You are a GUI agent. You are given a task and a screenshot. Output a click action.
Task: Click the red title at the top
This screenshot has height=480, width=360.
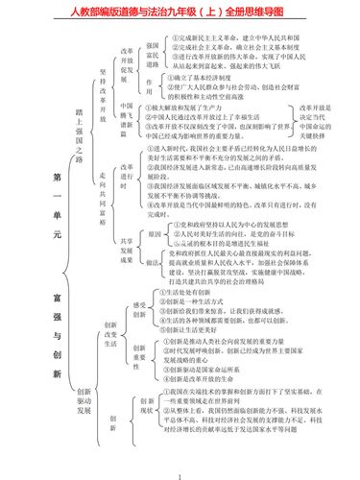pyautogui.click(x=180, y=11)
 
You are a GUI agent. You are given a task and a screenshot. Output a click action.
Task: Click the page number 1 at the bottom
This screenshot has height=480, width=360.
pyautogui.click(x=180, y=473)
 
